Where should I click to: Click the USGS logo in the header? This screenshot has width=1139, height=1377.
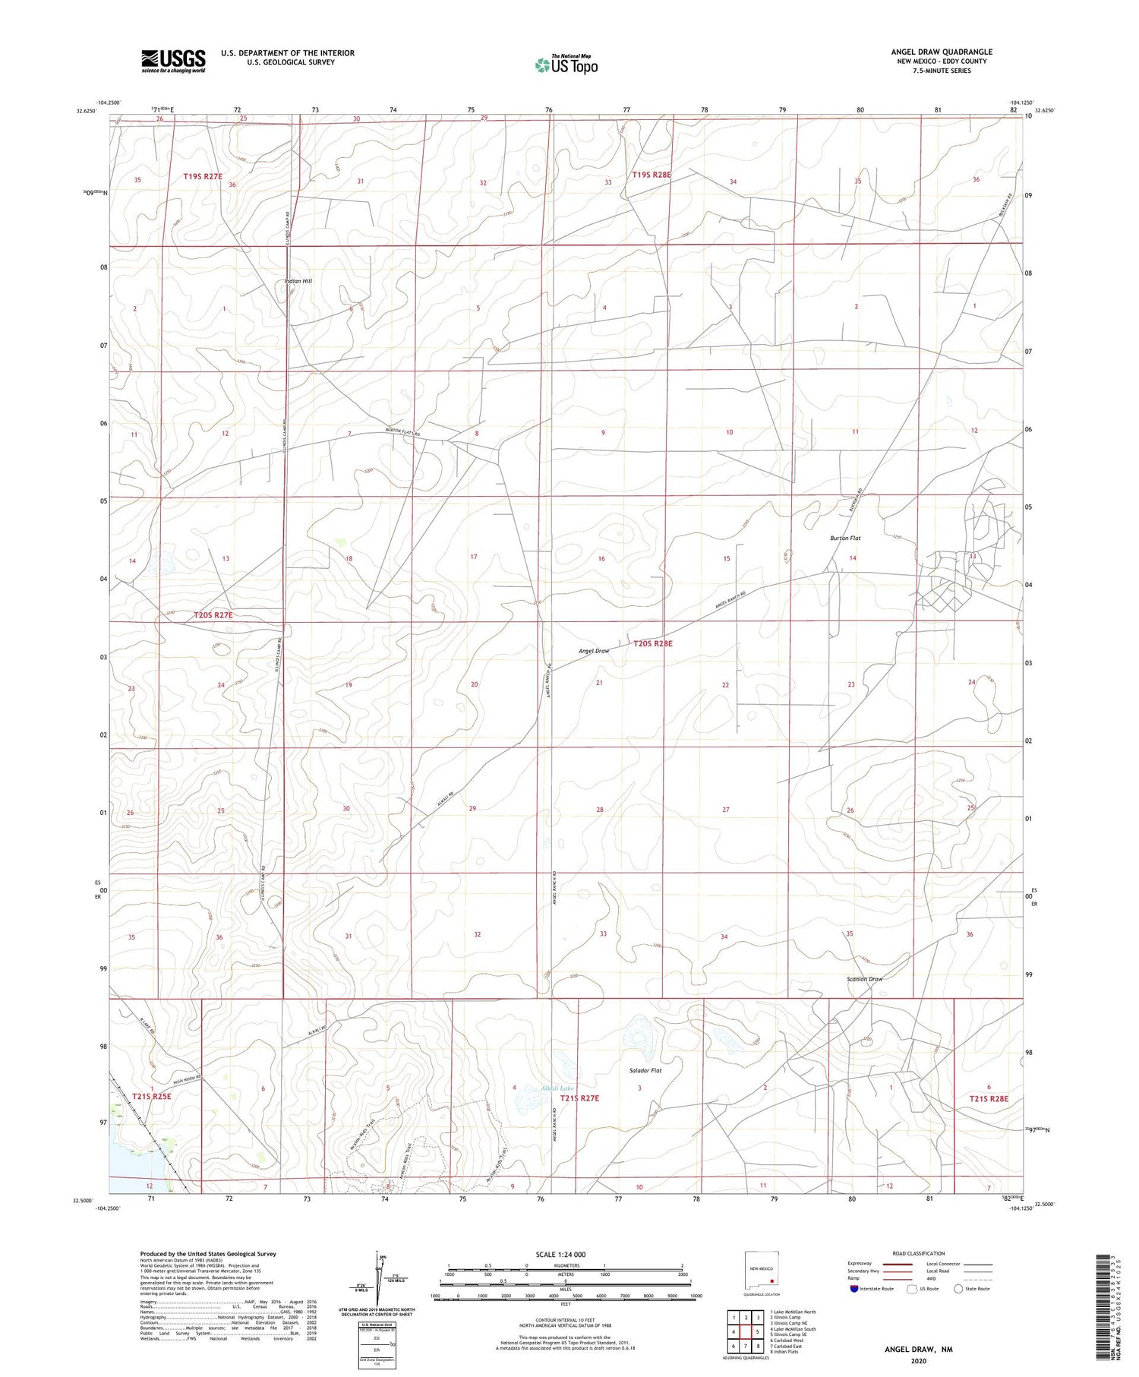point(173,61)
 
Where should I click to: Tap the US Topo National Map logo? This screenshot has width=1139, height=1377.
point(566,65)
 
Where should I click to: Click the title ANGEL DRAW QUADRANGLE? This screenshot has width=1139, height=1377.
point(942,52)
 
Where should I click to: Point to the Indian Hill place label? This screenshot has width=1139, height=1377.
point(298,281)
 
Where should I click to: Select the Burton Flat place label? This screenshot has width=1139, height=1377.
point(844,538)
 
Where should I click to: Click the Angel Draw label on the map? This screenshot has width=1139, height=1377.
point(594,651)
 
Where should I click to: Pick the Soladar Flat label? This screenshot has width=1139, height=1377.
point(645,1071)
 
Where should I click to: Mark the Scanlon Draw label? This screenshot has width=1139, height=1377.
point(865,979)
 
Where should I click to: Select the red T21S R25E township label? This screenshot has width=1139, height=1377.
point(152,1096)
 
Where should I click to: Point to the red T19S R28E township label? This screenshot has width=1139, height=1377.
point(652,175)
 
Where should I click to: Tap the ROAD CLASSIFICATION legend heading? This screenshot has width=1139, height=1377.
point(919,1253)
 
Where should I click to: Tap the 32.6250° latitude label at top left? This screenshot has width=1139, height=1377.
point(87,111)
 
